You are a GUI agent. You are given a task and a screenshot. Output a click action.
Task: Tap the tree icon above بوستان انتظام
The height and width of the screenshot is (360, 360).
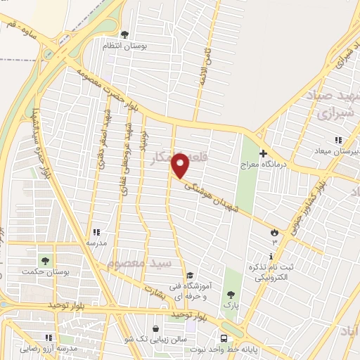click(x=124, y=34)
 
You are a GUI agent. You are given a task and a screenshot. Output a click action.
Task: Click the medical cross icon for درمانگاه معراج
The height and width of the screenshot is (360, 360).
click(x=263, y=153)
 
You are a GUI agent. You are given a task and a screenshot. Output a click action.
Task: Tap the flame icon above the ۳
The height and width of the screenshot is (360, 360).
click(x=274, y=231)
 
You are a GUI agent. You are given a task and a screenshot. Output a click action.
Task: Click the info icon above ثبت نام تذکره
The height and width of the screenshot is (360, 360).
click(x=271, y=257)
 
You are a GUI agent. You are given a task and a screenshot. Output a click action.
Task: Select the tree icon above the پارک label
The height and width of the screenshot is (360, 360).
click(x=231, y=295)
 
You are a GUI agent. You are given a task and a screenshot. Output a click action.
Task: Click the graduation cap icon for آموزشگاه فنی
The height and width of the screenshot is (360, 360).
click(x=190, y=276)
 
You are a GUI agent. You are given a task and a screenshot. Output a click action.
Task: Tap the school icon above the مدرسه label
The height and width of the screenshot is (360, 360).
click(x=96, y=231)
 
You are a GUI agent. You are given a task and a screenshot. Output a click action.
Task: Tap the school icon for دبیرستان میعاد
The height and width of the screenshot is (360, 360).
click(x=338, y=139)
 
